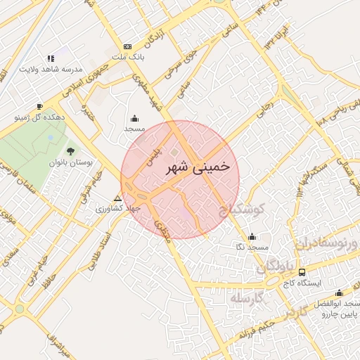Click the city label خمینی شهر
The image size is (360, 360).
click(197, 167)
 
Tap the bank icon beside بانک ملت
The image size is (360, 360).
click(127, 46)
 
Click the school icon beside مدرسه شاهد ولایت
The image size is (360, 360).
click(50, 58)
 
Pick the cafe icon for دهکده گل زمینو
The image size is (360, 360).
click(39, 106)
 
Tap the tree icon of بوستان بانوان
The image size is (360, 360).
click(69, 150)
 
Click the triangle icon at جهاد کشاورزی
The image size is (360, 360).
click(117, 198)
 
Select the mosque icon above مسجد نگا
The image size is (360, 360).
click(252, 236)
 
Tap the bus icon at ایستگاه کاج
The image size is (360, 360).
click(302, 272)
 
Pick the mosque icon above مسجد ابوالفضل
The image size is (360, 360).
click(339, 293)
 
